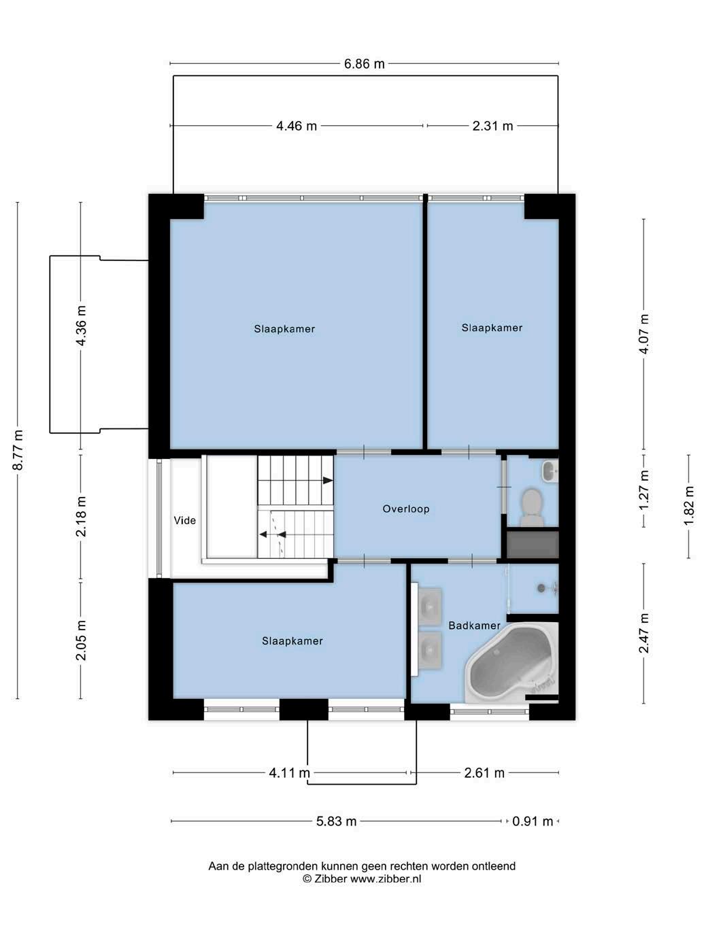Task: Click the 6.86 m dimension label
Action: point(365,64)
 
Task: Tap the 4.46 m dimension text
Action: point(296,126)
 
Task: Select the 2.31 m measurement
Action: point(492,126)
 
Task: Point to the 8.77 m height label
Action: point(18,450)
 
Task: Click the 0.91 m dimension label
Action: point(533,821)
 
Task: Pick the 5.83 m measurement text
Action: point(337,821)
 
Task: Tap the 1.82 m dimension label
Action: point(689,506)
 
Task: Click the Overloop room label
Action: point(406,509)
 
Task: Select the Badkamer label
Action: point(474,626)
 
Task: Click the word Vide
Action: point(185,520)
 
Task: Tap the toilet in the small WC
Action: point(532,508)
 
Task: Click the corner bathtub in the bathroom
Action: point(512,661)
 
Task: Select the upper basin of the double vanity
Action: point(429,606)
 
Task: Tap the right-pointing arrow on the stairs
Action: point(328,481)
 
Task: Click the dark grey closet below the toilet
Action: point(533,545)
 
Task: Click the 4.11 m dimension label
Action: point(289,773)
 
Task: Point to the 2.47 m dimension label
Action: point(644,633)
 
